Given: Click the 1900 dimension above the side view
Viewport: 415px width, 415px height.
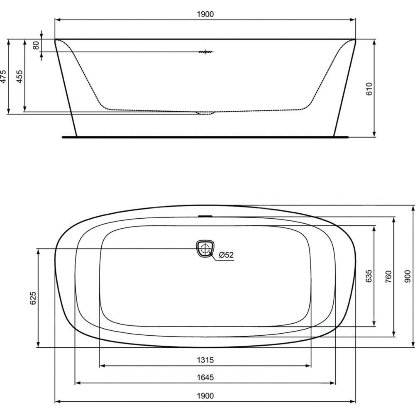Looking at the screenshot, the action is click(205, 14).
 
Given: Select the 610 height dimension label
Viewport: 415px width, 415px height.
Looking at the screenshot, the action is click(369, 89).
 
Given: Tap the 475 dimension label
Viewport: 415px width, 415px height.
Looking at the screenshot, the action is click(3, 76).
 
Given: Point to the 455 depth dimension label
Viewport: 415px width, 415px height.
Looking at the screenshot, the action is click(20, 76).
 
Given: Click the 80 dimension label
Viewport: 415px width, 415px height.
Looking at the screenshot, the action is click(36, 45).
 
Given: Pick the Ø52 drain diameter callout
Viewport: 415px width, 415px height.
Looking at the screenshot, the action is click(226, 255).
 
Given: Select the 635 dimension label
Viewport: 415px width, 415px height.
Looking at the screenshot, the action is click(369, 276).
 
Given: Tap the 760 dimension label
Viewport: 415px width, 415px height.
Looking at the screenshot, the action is click(388, 276).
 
